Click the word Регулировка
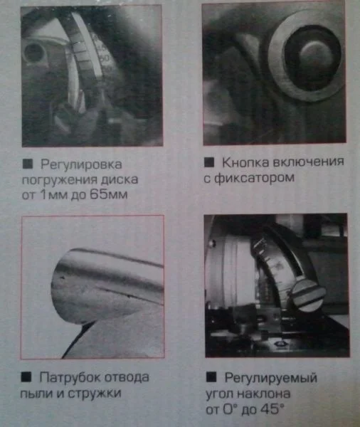click(x=81, y=165)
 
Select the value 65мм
click(x=108, y=195)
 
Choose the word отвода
click(x=127, y=377)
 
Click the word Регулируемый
click(x=271, y=379)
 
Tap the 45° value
click(x=272, y=409)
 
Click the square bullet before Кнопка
click(x=209, y=162)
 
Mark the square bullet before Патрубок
click(x=26, y=377)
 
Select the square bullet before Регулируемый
click(x=211, y=377)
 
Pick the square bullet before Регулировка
click(x=28, y=164)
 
